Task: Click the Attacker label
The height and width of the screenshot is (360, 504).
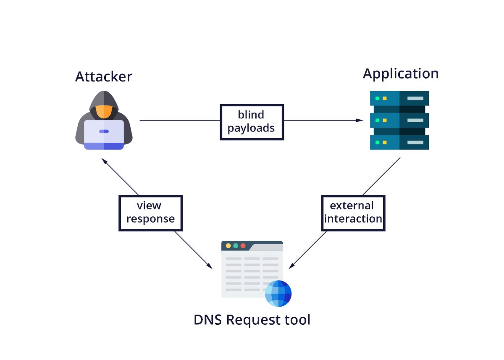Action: click(104, 76)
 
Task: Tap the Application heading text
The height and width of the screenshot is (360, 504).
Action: click(401, 74)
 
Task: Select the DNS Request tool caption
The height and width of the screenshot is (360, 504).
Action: click(252, 320)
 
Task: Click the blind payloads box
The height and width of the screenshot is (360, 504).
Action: click(252, 121)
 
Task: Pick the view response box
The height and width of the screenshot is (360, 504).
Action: click(150, 213)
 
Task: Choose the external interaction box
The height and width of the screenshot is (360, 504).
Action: click(353, 213)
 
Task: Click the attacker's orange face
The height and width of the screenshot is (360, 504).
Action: click(103, 112)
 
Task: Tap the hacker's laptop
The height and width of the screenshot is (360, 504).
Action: click(104, 134)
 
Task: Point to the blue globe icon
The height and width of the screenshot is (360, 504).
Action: click(278, 293)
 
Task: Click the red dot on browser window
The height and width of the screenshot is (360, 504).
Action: click(243, 245)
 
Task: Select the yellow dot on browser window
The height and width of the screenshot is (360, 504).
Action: click(228, 245)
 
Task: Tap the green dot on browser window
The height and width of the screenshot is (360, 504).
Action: click(236, 245)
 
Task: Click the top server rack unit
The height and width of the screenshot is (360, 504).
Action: click(399, 98)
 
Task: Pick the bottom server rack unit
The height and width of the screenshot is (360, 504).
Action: click(399, 142)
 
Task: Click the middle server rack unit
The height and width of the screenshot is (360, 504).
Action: click(399, 120)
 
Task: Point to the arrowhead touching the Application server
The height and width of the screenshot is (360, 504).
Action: click(360, 120)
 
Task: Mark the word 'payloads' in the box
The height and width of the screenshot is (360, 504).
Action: click(251, 128)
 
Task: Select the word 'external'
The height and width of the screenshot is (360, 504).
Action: click(352, 205)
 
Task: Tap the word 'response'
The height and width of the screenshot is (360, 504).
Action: click(151, 219)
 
